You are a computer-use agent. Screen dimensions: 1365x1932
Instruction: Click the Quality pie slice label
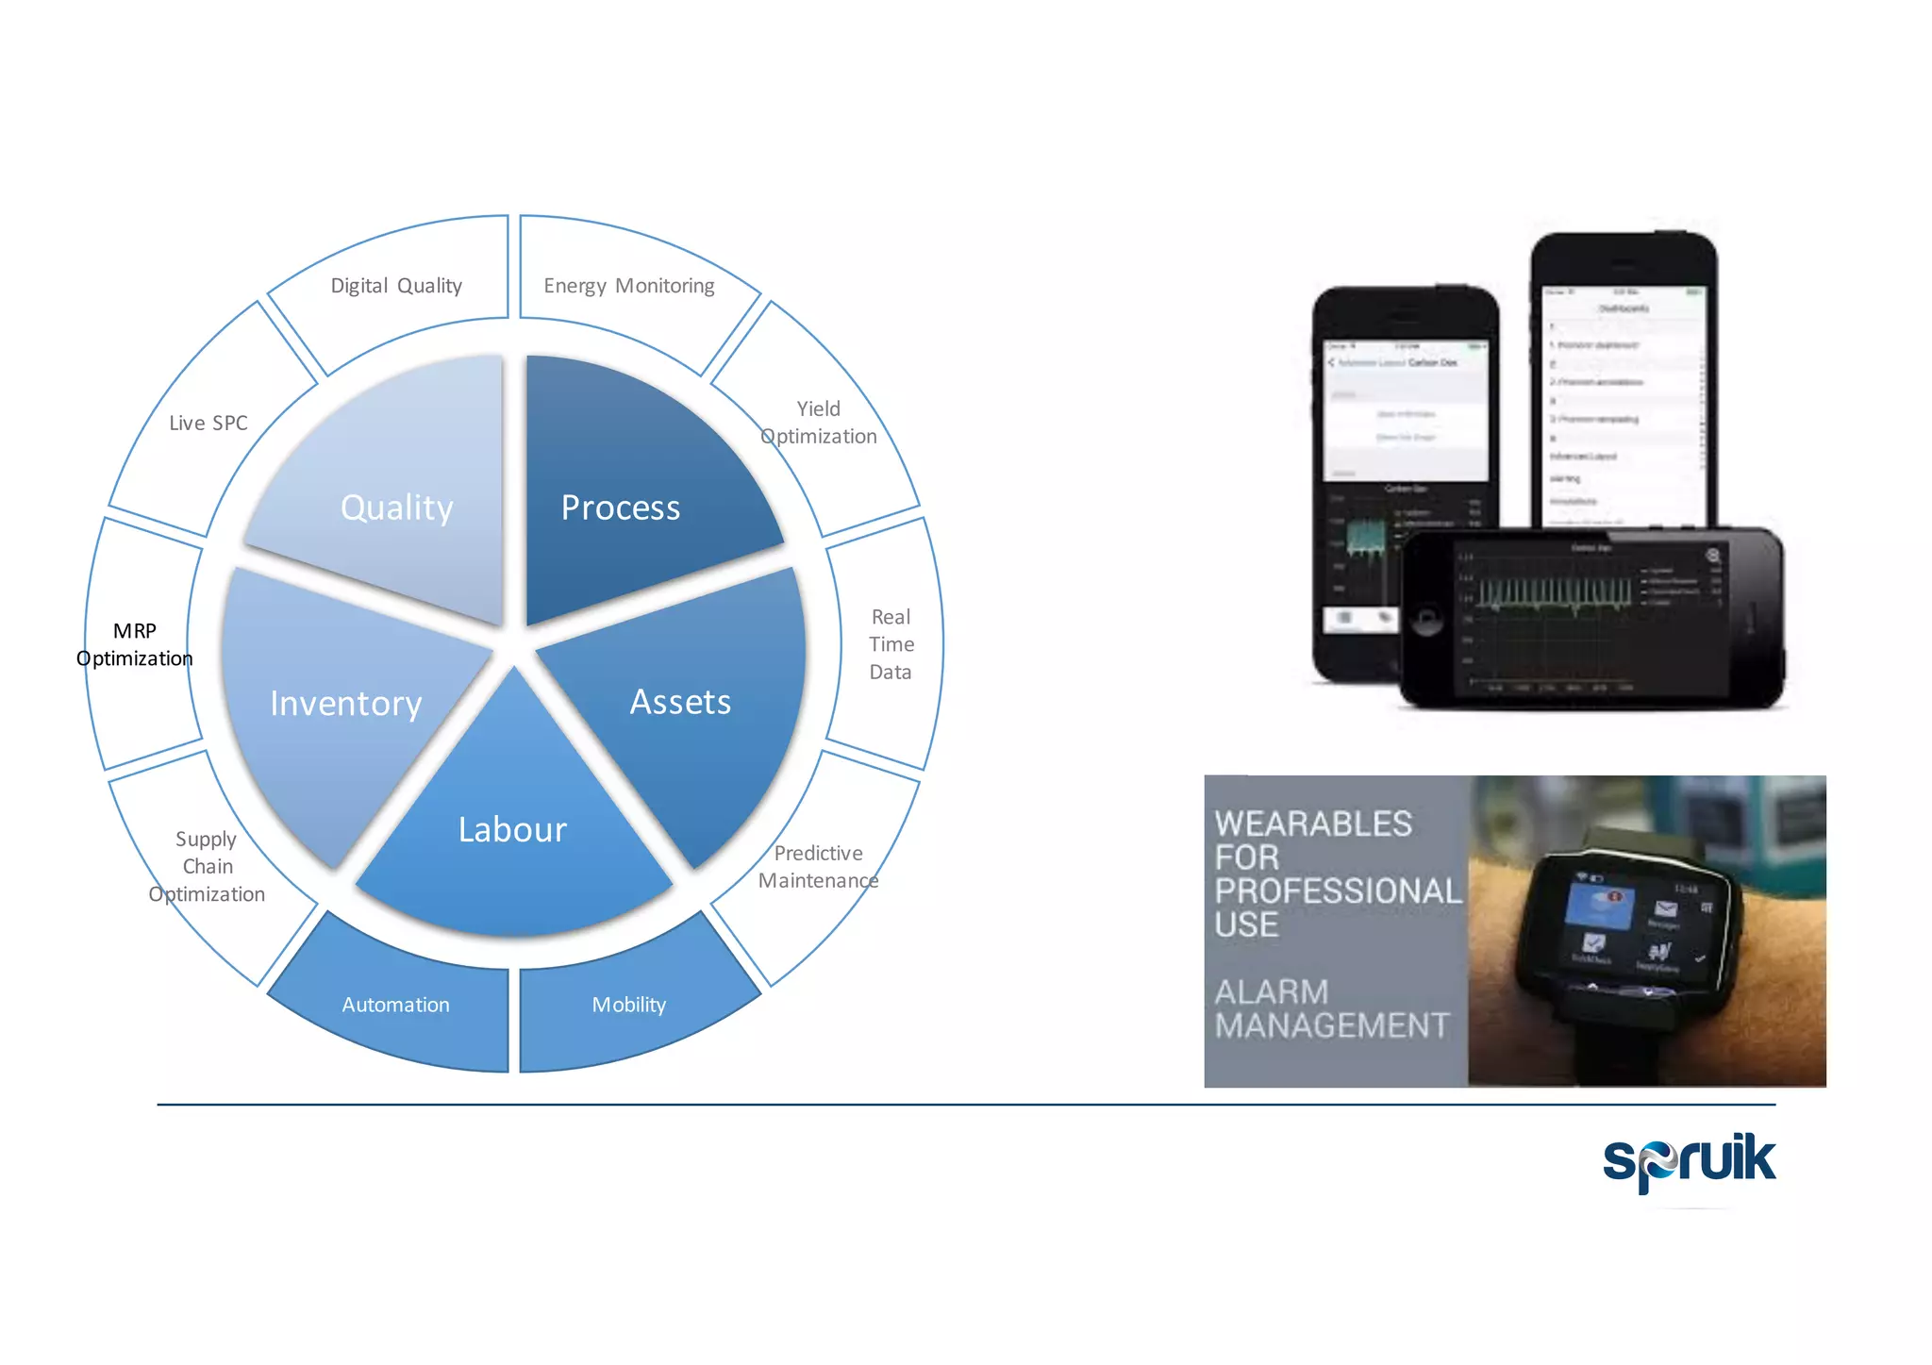(397, 508)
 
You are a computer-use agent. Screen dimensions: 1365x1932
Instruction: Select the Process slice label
(620, 508)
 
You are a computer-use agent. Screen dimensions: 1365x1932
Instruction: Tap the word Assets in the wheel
(680, 702)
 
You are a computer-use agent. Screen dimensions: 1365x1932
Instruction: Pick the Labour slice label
(512, 830)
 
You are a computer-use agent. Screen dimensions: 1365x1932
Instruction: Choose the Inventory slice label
(346, 704)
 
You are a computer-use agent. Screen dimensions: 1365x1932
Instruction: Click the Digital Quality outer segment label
(396, 286)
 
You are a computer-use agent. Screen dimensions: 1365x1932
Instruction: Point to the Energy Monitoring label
(629, 286)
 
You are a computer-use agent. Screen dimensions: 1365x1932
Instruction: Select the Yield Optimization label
(819, 423)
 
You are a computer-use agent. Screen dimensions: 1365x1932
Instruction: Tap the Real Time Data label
(891, 644)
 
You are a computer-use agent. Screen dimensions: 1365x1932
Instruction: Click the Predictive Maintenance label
(818, 867)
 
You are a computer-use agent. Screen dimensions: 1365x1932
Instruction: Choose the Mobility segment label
(629, 1005)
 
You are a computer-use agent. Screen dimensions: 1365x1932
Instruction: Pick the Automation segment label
(395, 1005)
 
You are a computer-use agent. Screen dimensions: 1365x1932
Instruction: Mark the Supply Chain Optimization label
(207, 867)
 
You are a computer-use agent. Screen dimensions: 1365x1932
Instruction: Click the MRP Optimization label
(135, 644)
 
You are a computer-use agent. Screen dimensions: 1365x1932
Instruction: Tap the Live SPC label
(208, 424)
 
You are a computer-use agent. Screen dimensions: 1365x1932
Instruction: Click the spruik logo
(1689, 1161)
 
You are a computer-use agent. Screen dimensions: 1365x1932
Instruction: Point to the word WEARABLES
(1313, 824)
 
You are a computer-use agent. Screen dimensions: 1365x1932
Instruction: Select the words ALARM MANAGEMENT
(1331, 1008)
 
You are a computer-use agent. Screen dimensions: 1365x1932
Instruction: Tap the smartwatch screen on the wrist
(1637, 928)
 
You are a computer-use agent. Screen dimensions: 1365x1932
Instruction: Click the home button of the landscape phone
(1427, 620)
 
